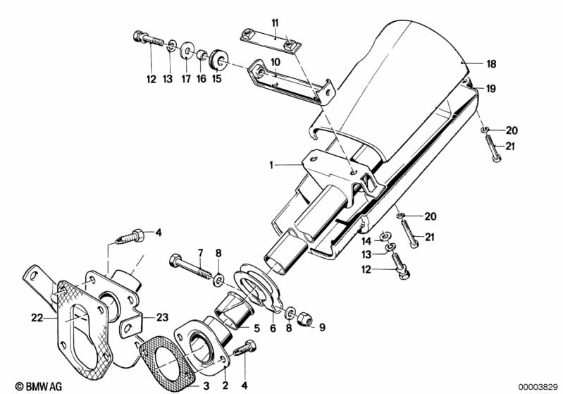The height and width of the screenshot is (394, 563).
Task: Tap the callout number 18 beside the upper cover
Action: [x=491, y=63]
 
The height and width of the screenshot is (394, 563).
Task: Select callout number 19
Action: [x=491, y=88]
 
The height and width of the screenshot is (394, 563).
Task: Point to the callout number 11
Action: [x=276, y=23]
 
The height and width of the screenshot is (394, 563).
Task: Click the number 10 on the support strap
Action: [x=276, y=62]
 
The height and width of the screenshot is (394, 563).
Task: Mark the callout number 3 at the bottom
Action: [x=206, y=386]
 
